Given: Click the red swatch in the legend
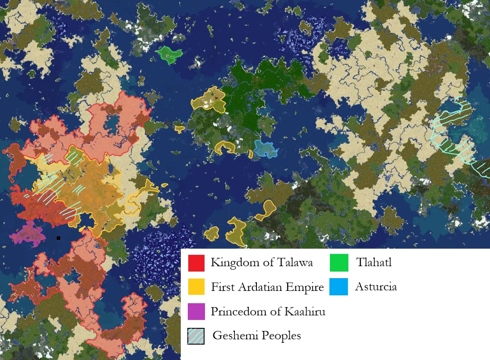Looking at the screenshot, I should point(196,263).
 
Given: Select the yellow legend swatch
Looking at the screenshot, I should point(196,287).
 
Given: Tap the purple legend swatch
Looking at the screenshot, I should point(196,312).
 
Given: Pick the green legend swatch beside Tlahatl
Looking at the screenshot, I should point(339,263).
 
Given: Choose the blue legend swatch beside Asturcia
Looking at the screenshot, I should point(339,287).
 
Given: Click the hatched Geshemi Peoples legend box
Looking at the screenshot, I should point(196,336).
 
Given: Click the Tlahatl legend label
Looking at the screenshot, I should point(373,263).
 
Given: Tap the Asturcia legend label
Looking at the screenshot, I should point(376,287).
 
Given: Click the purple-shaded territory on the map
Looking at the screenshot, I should point(28,234).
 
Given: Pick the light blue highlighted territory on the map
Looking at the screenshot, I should point(265,149).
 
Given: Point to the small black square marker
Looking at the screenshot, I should point(59,238).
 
